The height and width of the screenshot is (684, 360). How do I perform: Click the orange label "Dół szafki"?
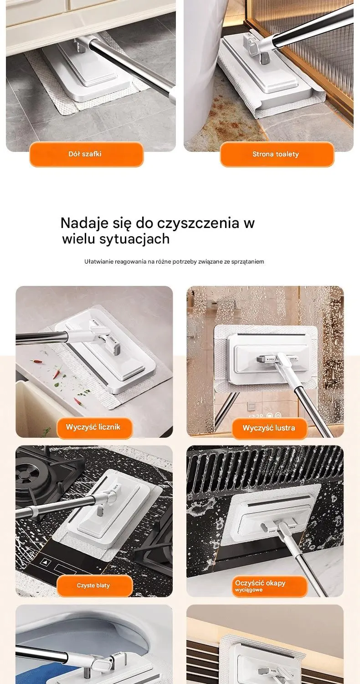pyautogui.click(x=86, y=154)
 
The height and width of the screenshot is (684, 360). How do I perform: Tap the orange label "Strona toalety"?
pyautogui.click(x=277, y=154)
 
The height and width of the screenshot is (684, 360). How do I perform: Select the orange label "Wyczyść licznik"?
pyautogui.click(x=95, y=428)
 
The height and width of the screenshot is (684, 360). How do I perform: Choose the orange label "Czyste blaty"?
pyautogui.click(x=95, y=586)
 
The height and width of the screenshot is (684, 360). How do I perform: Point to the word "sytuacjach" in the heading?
pyautogui.click(x=134, y=239)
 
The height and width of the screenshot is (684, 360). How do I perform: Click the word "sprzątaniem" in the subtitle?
pyautogui.click(x=247, y=262)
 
